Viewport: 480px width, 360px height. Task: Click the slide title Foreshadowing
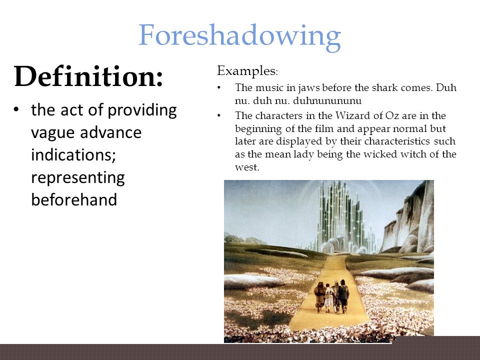click(239, 36)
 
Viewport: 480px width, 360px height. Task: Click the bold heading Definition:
click(88, 76)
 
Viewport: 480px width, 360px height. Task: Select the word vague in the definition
click(52, 133)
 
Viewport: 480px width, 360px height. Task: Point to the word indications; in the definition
click(73, 155)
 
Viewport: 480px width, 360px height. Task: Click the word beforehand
click(74, 199)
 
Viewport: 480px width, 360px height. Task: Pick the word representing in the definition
click(78, 178)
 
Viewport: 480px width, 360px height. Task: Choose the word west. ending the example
click(247, 167)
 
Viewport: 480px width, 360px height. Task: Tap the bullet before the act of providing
click(16, 109)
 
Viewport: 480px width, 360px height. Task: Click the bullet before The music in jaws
click(219, 88)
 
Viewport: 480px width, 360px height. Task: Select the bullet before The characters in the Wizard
click(219, 115)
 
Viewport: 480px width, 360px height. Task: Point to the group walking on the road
click(331, 295)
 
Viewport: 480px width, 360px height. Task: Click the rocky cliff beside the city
click(407, 217)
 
